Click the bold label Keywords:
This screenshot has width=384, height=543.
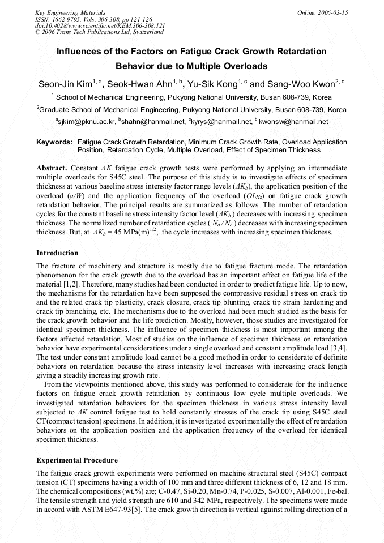[x=54, y=142]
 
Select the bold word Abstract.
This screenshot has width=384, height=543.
[x=52, y=168]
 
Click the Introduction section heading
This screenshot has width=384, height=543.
[x=57, y=253]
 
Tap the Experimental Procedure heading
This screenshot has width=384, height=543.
[x=77, y=460]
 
